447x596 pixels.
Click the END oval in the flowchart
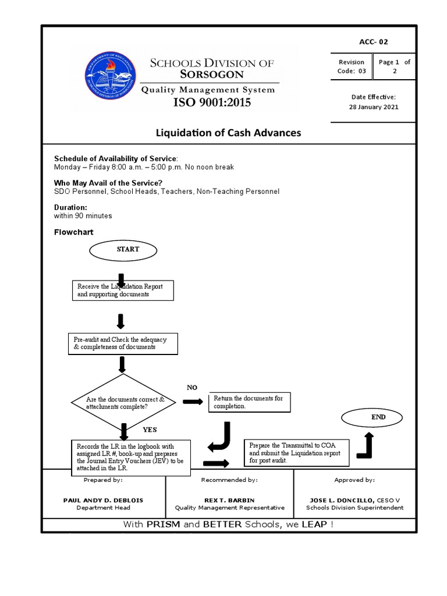coord(370,417)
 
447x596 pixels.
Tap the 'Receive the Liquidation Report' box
coord(123,290)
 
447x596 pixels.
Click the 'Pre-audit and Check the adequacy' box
coord(122,343)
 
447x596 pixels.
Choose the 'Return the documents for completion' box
coord(249,402)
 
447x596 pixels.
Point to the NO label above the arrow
coord(192,387)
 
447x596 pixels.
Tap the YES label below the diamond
coord(150,430)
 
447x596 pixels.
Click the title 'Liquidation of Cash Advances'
coord(228,133)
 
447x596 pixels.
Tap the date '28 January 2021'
coord(373,107)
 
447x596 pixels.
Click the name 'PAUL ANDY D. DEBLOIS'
coord(103,499)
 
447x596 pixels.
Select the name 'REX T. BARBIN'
coord(229,499)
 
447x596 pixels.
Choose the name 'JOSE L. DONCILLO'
coord(338,499)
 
